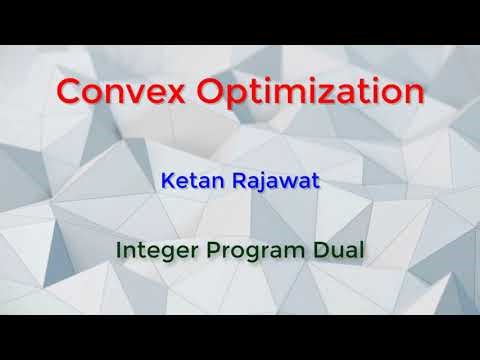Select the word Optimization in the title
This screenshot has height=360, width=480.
[x=305, y=93]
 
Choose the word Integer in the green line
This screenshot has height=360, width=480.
[x=152, y=248]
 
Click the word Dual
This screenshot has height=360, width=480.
[x=334, y=248]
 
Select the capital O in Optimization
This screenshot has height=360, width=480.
[x=205, y=91]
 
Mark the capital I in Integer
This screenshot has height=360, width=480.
[x=120, y=248]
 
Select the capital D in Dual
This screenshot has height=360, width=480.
[x=315, y=248]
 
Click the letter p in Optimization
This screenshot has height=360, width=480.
[x=234, y=96]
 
